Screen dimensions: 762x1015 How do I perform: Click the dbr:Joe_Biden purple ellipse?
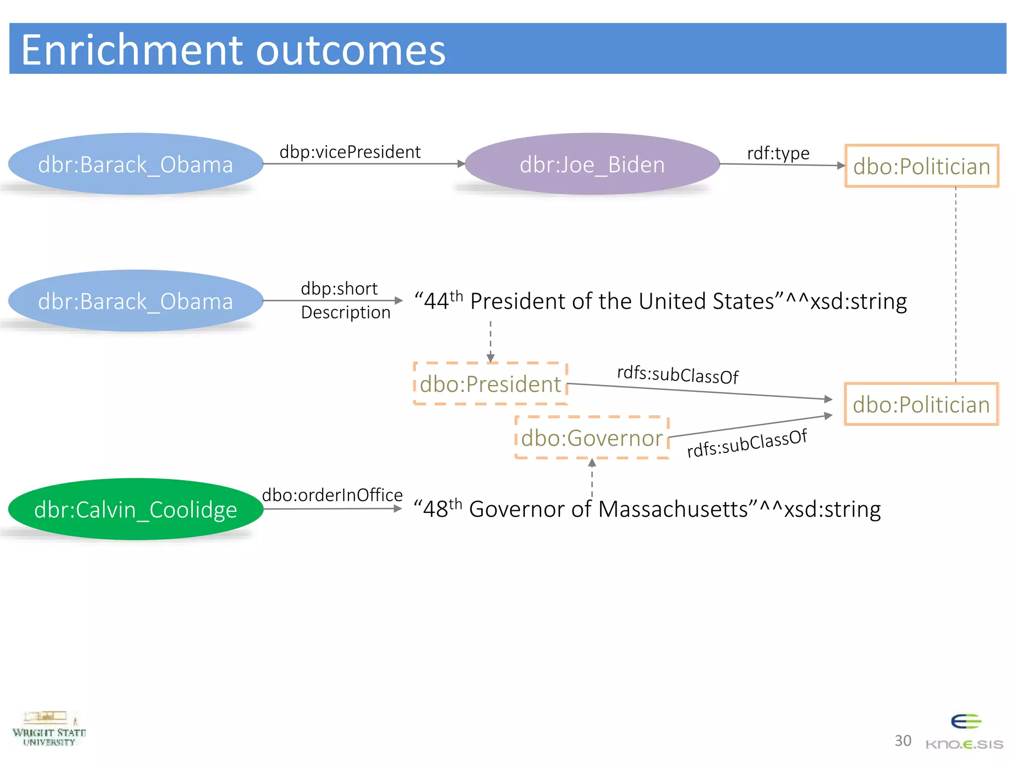(592, 164)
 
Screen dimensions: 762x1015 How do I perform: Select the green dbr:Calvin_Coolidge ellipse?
(135, 509)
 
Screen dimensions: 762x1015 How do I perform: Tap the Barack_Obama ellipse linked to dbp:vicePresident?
(135, 164)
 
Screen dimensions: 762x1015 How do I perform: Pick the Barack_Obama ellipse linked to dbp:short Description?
(135, 301)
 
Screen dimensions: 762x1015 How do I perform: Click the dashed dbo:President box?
(490, 384)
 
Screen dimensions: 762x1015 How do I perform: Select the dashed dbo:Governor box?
(592, 438)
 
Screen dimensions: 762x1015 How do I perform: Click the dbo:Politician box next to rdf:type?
(921, 166)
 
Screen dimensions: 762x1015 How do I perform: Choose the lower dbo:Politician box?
(921, 404)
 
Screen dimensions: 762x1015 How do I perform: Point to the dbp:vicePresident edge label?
(350, 152)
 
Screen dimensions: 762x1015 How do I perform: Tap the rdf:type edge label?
(778, 153)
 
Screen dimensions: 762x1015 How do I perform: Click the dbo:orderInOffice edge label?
(332, 495)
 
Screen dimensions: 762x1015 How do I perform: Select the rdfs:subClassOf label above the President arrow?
(677, 375)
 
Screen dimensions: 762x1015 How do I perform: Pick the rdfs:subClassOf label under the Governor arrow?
(747, 444)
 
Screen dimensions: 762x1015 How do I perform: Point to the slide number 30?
(902, 741)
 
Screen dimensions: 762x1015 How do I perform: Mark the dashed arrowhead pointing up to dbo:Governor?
(592, 463)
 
